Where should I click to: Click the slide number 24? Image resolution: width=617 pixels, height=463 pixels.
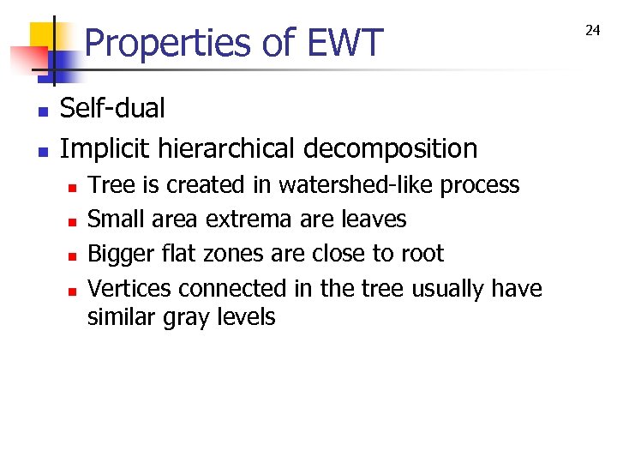(x=592, y=30)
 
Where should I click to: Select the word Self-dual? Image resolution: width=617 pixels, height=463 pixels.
(x=112, y=109)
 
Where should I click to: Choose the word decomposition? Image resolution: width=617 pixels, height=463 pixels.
(x=392, y=149)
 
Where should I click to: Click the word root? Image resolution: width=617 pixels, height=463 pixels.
(x=425, y=254)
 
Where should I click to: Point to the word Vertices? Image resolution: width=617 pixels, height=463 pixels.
(x=129, y=288)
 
